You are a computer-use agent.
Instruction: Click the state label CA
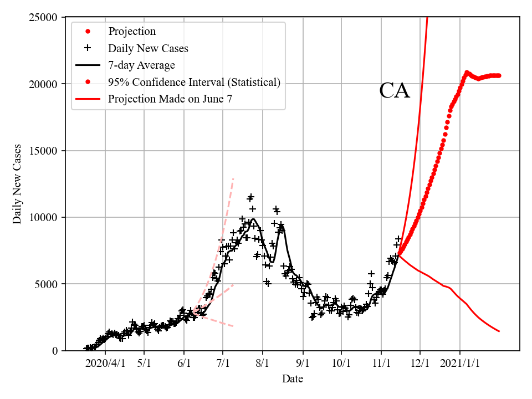pos(395,91)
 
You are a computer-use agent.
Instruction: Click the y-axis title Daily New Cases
pos(17,183)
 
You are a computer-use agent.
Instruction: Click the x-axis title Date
pos(292,379)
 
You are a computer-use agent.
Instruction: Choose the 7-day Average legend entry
pos(141,65)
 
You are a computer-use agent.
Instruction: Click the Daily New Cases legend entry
pos(148,48)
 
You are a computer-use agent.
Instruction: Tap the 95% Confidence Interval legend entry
pos(194,83)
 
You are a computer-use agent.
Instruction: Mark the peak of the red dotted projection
pos(467,73)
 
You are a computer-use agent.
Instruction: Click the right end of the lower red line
pos(499,331)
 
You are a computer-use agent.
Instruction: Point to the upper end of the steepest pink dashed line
pos(233,178)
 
